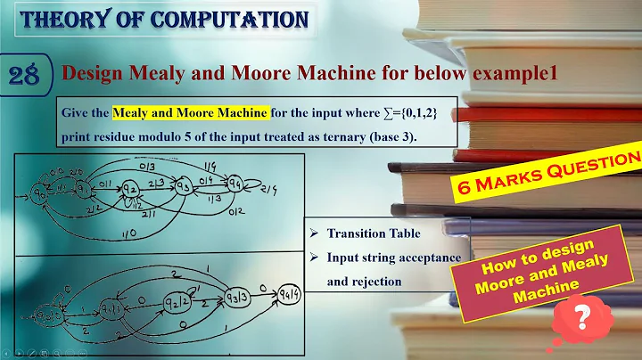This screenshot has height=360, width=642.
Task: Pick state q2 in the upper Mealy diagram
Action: (x=131, y=188)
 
